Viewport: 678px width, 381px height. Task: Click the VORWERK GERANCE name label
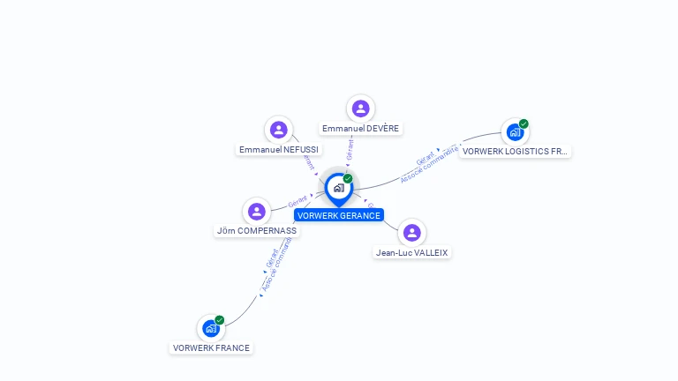tap(339, 215)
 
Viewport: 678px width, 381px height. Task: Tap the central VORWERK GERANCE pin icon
tap(338, 188)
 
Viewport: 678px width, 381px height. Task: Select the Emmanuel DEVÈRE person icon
tap(360, 108)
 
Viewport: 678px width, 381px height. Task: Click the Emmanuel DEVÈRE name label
tap(360, 129)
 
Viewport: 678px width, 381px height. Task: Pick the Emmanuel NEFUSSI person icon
tap(279, 130)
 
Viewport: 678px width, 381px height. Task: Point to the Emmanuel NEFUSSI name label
tap(279, 150)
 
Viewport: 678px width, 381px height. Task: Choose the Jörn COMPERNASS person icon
tap(257, 211)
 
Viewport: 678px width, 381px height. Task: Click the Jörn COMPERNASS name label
tap(257, 231)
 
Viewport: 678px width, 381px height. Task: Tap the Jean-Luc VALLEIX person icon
tap(411, 233)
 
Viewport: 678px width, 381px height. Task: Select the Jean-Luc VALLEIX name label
tap(411, 252)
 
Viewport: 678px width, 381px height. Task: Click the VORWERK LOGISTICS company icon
tap(515, 132)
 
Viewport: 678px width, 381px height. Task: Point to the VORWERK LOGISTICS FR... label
tap(516, 151)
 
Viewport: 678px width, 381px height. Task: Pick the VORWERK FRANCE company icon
tap(211, 328)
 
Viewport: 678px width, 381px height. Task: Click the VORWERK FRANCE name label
tap(211, 347)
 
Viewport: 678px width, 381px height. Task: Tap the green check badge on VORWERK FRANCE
tap(220, 319)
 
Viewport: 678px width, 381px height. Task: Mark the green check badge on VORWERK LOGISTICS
tap(524, 123)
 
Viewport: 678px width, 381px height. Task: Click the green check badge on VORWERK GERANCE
tap(348, 178)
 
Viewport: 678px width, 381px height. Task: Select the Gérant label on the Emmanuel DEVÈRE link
tap(350, 149)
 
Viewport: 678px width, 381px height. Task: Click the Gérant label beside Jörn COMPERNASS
tap(297, 204)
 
